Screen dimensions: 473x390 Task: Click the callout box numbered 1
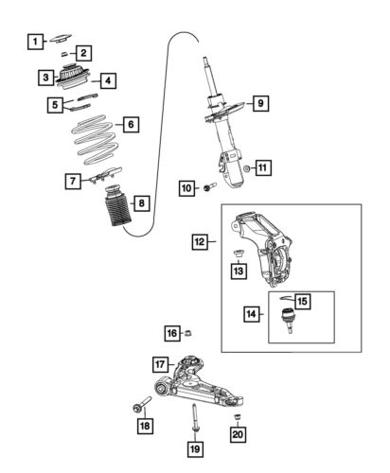34,41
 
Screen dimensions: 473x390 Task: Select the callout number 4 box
108,81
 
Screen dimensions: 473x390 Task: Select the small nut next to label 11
245,168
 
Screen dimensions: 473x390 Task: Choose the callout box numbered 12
200,242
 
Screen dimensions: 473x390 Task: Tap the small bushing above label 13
239,253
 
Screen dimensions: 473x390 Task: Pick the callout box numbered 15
303,301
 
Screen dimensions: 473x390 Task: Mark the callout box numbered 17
160,362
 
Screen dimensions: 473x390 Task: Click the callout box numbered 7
73,180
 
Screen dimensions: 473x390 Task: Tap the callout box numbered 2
84,53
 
